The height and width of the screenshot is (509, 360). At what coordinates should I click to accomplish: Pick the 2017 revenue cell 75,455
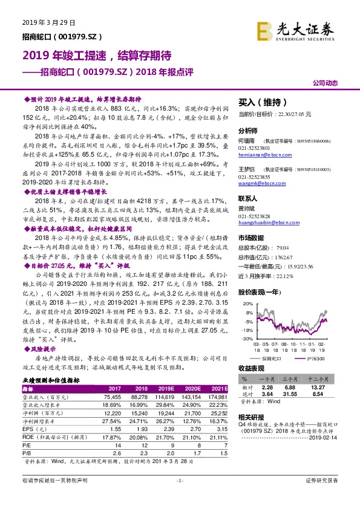tap(114, 396)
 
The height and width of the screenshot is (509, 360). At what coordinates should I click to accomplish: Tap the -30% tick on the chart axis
tap(245, 339)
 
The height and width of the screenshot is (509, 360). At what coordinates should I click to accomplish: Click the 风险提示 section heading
tap(42, 349)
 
